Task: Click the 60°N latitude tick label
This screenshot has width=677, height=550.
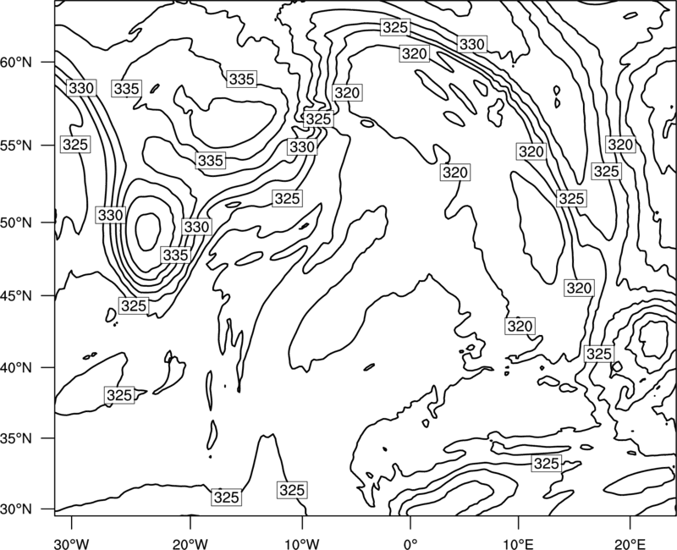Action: pos(16,63)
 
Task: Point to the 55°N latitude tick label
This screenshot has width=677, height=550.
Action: pos(16,146)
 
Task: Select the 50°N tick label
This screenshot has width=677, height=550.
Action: pos(16,223)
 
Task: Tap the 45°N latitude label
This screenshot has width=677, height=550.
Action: pos(16,296)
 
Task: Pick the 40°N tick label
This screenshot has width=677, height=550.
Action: pos(16,368)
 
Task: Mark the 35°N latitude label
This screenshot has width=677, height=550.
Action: pos(16,438)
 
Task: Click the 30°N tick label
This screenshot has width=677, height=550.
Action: pos(16,509)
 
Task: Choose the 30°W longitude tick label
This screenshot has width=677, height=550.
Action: pos(72,543)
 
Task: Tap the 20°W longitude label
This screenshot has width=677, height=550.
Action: pos(190,543)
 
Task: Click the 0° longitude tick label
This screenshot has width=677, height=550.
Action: pos(410,543)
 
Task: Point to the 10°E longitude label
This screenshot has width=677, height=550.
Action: pos(518,543)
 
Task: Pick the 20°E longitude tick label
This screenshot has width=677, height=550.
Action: pos(630,543)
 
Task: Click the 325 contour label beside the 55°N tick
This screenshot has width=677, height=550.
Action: pos(75,144)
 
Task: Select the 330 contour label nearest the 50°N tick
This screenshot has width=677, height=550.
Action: pos(111,215)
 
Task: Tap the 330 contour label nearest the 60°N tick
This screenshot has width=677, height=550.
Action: pos(81,88)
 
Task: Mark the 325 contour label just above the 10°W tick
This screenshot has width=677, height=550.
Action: pos(292,490)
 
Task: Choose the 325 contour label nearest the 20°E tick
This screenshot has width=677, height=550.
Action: pos(599,354)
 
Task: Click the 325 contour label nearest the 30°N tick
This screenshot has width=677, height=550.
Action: pos(226,498)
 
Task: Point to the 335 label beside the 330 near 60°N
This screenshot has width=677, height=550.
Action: pos(126,89)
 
